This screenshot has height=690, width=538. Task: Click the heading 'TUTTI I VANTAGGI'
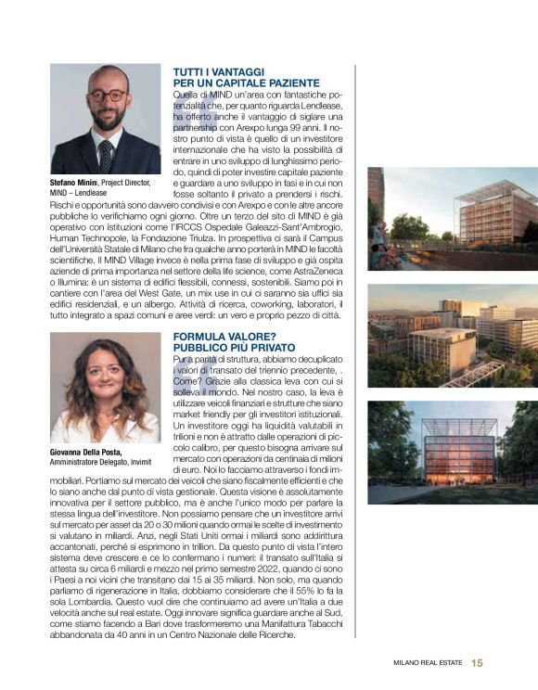click(220, 71)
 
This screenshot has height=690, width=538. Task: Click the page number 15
click(477, 662)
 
